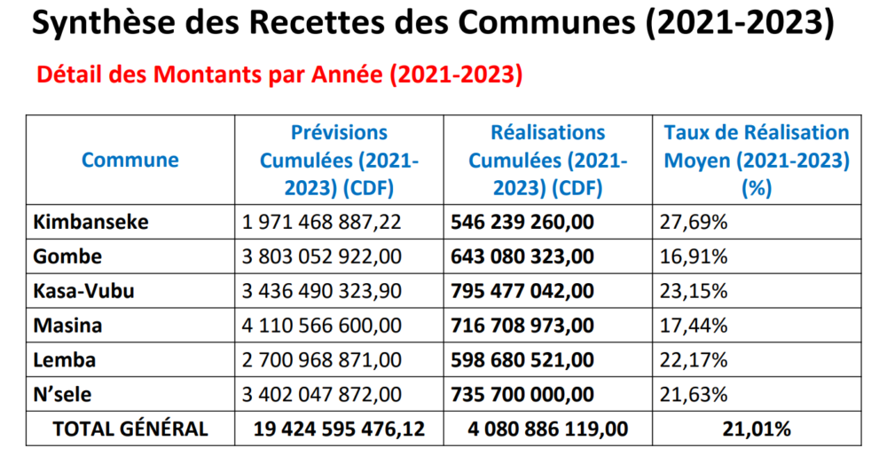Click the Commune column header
click(x=130, y=161)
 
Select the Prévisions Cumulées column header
click(x=340, y=161)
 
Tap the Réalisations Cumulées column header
click(x=547, y=161)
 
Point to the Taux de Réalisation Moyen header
click(x=757, y=161)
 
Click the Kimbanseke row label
click(x=90, y=222)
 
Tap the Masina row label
click(x=67, y=326)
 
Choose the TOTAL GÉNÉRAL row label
click(x=130, y=429)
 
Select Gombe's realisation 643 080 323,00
click(x=522, y=256)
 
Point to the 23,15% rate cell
click(x=694, y=291)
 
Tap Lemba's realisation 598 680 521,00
click(x=522, y=360)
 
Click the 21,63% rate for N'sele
click(x=694, y=395)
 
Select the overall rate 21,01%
click(x=757, y=429)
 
